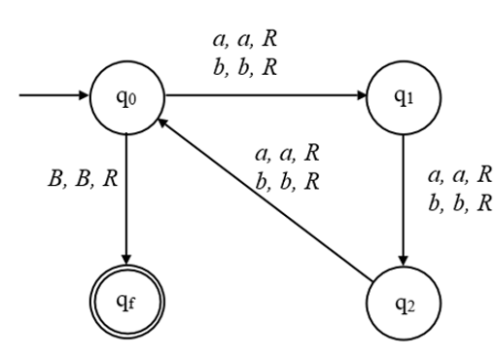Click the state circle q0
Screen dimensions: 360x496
(x=126, y=97)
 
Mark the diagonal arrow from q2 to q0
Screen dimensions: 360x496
(x=263, y=194)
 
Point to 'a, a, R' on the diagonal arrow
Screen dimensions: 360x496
(x=286, y=154)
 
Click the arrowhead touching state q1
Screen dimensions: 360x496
(x=361, y=97)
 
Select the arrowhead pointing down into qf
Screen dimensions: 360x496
(x=126, y=249)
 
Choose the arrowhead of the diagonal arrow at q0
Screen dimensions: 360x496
(x=164, y=124)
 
